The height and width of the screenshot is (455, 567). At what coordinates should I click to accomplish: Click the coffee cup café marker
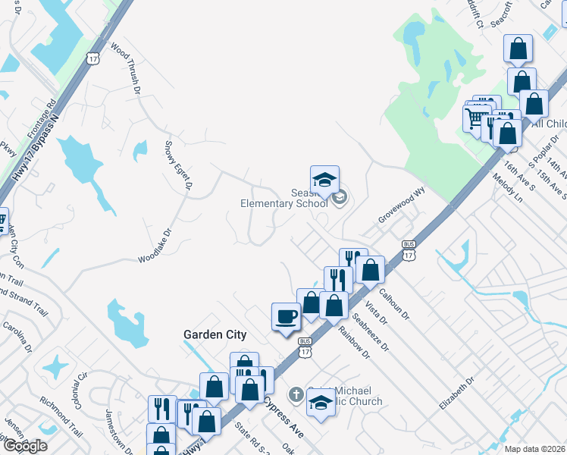(287, 316)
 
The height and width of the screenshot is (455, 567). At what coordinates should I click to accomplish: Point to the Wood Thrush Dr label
(126, 69)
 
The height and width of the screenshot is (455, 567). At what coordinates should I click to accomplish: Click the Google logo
(24, 446)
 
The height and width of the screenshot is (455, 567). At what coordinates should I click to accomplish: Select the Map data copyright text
(535, 449)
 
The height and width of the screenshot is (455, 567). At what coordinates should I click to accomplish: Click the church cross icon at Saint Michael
(296, 395)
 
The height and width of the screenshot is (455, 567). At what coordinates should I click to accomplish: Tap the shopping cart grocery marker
(474, 118)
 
